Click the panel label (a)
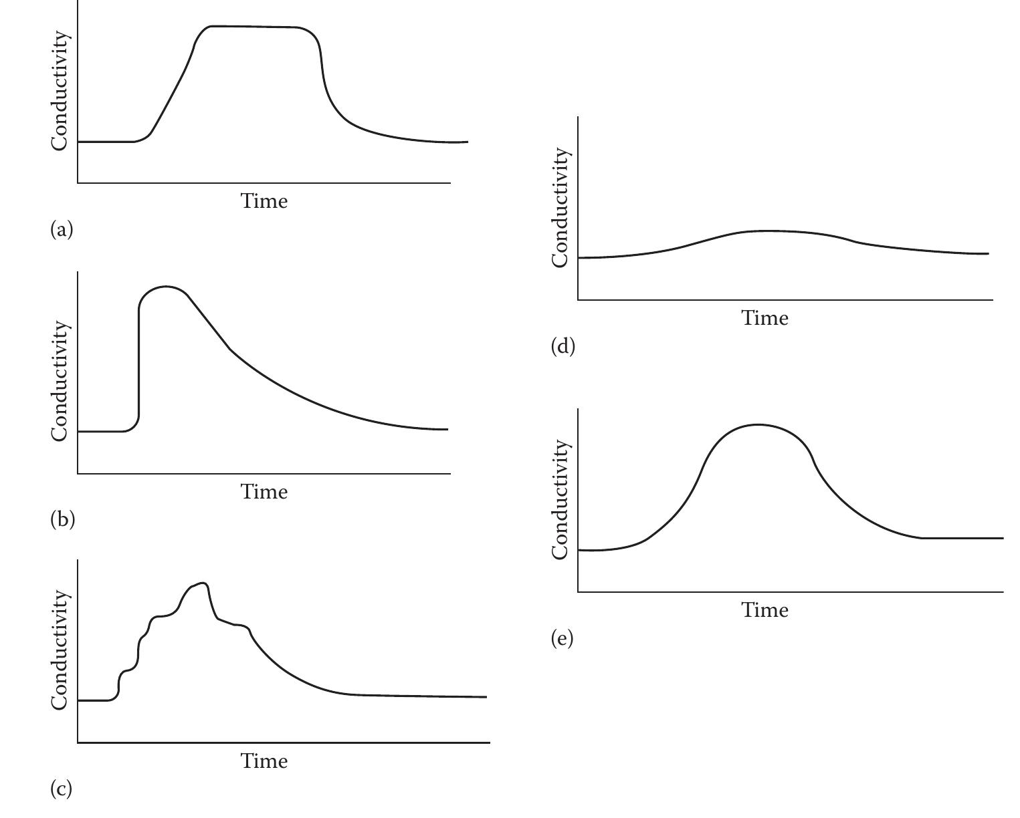(62, 230)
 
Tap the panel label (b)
(62, 519)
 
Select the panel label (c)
(62, 789)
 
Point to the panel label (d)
(563, 346)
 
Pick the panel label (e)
(563, 638)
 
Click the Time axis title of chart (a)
(264, 200)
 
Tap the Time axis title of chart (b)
(264, 492)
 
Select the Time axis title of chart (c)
(264, 761)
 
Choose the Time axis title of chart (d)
(764, 318)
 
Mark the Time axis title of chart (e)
(764, 610)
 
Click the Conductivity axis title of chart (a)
(60, 91)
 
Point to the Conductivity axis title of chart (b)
(60, 381)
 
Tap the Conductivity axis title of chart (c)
(60, 650)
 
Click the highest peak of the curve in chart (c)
(203, 583)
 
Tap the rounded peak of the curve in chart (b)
(165, 287)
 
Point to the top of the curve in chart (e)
(758, 424)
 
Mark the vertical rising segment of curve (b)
(139, 361)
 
